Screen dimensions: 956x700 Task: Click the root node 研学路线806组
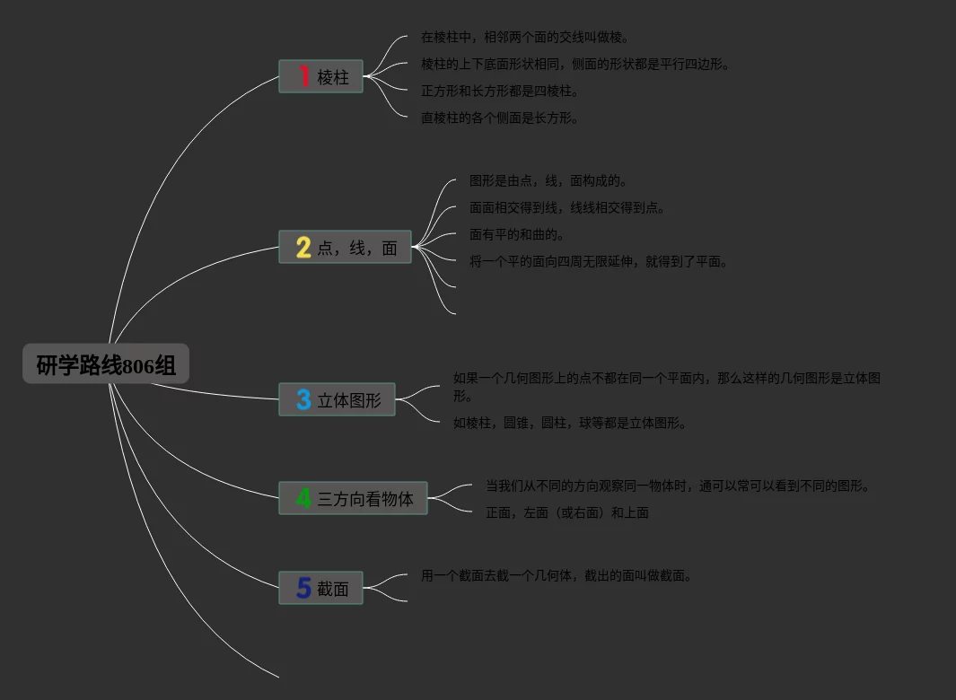106,364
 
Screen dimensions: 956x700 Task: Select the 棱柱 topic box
320,77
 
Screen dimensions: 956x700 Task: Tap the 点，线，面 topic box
345,248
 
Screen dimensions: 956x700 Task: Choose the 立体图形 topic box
337,400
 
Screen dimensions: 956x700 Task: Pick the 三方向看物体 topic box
353,499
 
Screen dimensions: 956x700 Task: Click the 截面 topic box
320,589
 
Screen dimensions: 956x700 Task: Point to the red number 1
304,76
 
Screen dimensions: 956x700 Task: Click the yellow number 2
303,248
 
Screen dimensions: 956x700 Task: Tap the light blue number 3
303,400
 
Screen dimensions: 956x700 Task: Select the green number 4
303,498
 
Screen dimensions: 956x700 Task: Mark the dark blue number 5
303,589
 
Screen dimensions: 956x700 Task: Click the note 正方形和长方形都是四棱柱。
500,91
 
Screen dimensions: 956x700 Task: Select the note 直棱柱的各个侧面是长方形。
500,118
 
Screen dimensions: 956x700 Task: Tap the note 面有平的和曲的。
518,234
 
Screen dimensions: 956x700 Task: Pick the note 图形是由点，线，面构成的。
548,180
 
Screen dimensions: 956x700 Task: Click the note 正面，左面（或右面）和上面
567,512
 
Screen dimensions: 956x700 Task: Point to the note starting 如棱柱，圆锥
570,423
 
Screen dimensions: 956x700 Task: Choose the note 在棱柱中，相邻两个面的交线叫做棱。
525,37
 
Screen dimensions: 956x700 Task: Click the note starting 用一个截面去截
557,575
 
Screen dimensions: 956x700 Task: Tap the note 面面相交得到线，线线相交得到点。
567,207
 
